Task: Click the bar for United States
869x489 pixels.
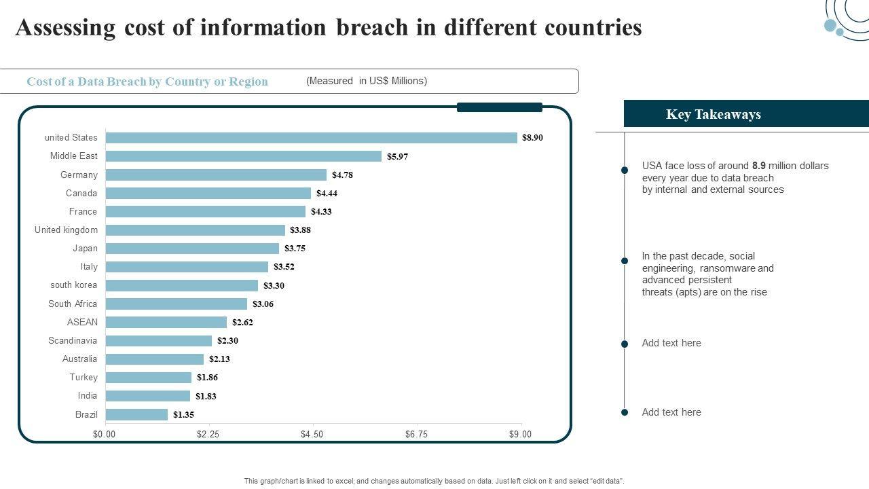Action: pyautogui.click(x=312, y=138)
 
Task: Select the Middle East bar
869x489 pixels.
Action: pyautogui.click(x=244, y=156)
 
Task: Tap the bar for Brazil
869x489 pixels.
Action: pyautogui.click(x=136, y=414)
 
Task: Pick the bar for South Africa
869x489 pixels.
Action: pyautogui.click(x=177, y=304)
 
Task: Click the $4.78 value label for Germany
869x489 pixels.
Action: pyautogui.click(x=342, y=175)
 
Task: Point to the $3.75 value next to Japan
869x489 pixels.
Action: pyautogui.click(x=295, y=249)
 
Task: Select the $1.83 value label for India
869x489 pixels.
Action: pyautogui.click(x=206, y=396)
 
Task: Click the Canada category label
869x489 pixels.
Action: pyautogui.click(x=81, y=194)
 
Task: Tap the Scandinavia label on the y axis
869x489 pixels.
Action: pyautogui.click(x=73, y=341)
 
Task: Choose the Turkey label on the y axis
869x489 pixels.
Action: pyautogui.click(x=84, y=378)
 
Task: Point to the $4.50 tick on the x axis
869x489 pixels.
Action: pyautogui.click(x=312, y=435)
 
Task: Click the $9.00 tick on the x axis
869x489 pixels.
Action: pyautogui.click(x=520, y=435)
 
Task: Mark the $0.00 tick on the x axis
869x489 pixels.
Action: pyautogui.click(x=105, y=435)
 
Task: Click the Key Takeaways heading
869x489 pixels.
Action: pyautogui.click(x=713, y=114)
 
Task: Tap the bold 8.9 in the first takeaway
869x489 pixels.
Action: pyautogui.click(x=760, y=166)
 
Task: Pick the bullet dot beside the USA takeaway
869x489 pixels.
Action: pyautogui.click(x=625, y=170)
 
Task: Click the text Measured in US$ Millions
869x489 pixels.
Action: pyautogui.click(x=367, y=81)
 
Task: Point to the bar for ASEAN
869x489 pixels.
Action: pyautogui.click(x=166, y=322)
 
